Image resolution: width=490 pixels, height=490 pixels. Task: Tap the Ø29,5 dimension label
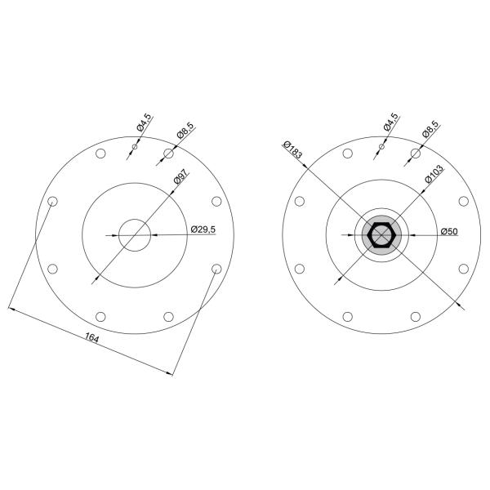coord(203,229)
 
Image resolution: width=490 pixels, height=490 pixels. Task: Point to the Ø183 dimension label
coord(292,149)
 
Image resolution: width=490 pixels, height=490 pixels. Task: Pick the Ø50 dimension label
coord(448,230)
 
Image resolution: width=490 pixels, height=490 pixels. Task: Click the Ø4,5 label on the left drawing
coord(144,123)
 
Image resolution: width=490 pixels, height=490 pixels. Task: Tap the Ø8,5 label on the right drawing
coord(430,129)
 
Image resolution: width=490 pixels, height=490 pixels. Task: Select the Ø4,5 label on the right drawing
coord(390,123)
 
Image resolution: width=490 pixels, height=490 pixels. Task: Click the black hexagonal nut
coord(381,236)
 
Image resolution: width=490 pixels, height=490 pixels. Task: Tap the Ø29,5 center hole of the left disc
coord(135,236)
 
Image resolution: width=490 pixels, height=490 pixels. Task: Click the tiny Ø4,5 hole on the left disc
coord(135,147)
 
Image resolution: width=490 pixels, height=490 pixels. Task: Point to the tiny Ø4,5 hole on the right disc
coord(381,147)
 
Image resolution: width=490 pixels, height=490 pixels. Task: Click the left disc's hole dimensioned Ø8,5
coord(169,154)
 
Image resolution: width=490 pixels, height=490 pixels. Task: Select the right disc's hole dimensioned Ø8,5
coord(415,154)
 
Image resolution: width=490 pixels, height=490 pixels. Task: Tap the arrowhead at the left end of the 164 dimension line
coord(12,310)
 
